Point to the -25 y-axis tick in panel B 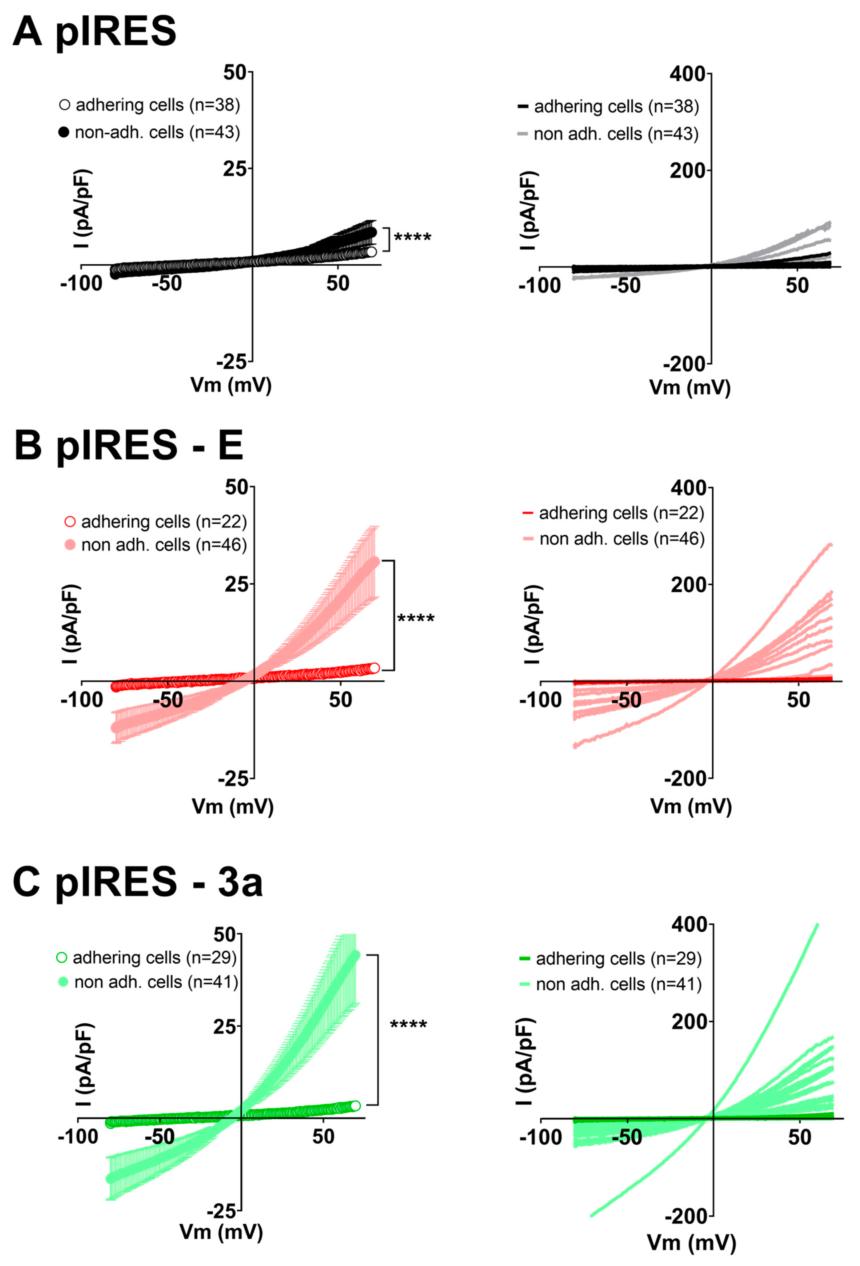click(233, 779)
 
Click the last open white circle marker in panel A click(371, 252)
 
